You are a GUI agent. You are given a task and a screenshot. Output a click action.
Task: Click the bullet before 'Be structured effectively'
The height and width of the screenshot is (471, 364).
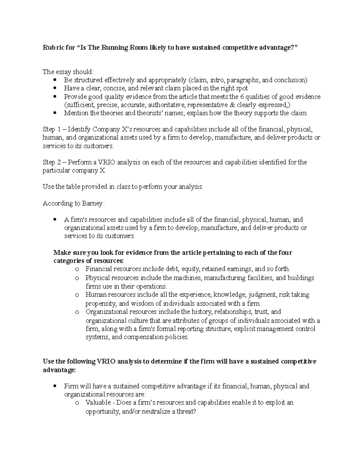tap(55, 80)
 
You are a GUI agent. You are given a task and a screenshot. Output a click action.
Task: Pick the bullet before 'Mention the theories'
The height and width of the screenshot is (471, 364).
tap(55, 113)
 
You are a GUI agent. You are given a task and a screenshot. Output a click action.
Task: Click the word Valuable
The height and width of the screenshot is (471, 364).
tap(97, 403)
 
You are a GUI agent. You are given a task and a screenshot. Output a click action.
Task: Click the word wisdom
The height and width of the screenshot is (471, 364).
tap(145, 303)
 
